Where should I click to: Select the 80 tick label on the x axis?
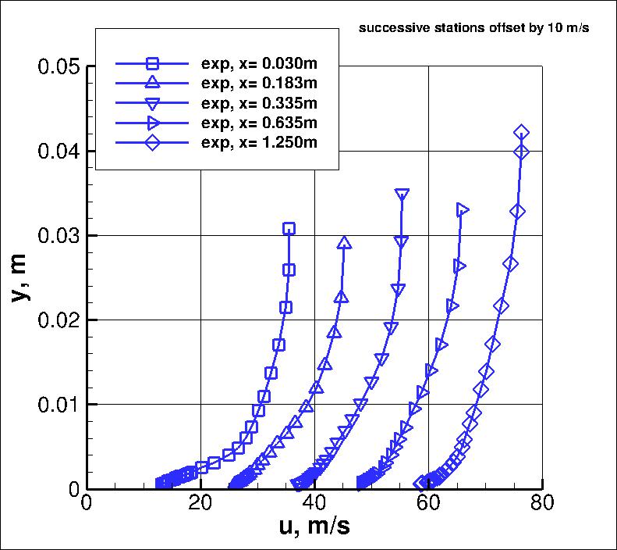coord(541,502)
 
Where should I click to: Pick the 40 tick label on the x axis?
coord(314,502)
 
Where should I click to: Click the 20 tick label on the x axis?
coord(200,502)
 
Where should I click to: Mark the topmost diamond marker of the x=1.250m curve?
coord(521,133)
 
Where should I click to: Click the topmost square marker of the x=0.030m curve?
coord(289,229)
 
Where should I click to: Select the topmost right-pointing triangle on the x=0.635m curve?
coord(462,209)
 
